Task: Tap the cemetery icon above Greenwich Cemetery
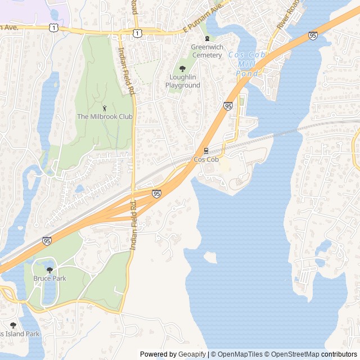pyautogui.click(x=207, y=38)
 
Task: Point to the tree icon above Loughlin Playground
pyautogui.click(x=182, y=69)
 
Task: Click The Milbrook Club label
pyautogui.click(x=105, y=116)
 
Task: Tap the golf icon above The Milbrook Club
pyautogui.click(x=105, y=107)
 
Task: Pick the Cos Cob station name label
pyautogui.click(x=206, y=160)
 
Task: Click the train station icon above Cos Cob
pyautogui.click(x=206, y=150)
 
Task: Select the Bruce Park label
pyautogui.click(x=49, y=278)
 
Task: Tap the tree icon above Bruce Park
pyautogui.click(x=49, y=269)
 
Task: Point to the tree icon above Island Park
pyautogui.click(x=13, y=325)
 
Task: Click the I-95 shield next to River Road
pyautogui.click(x=313, y=35)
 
